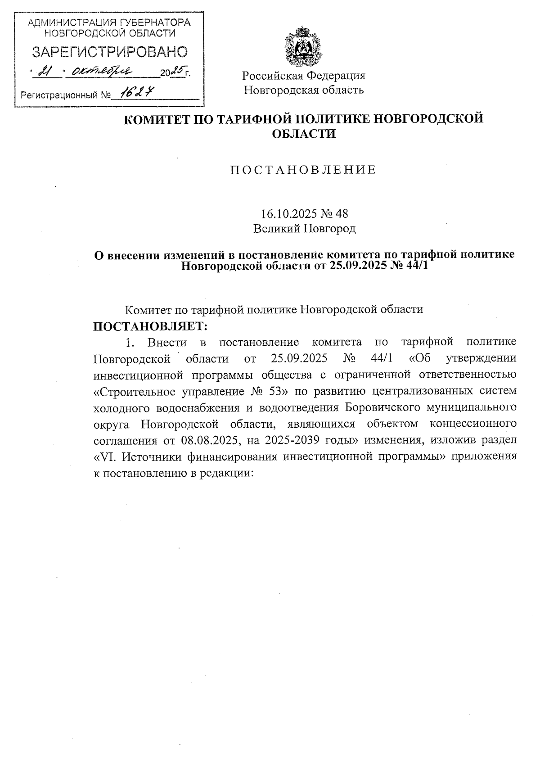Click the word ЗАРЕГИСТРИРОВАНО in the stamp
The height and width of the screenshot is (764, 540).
[x=109, y=52]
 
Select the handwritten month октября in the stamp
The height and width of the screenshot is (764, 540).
[x=103, y=71]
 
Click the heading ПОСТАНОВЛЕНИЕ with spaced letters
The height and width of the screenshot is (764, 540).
[x=303, y=170]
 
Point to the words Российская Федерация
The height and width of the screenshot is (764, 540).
[x=304, y=76]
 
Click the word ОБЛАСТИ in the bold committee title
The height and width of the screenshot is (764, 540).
[x=304, y=134]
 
